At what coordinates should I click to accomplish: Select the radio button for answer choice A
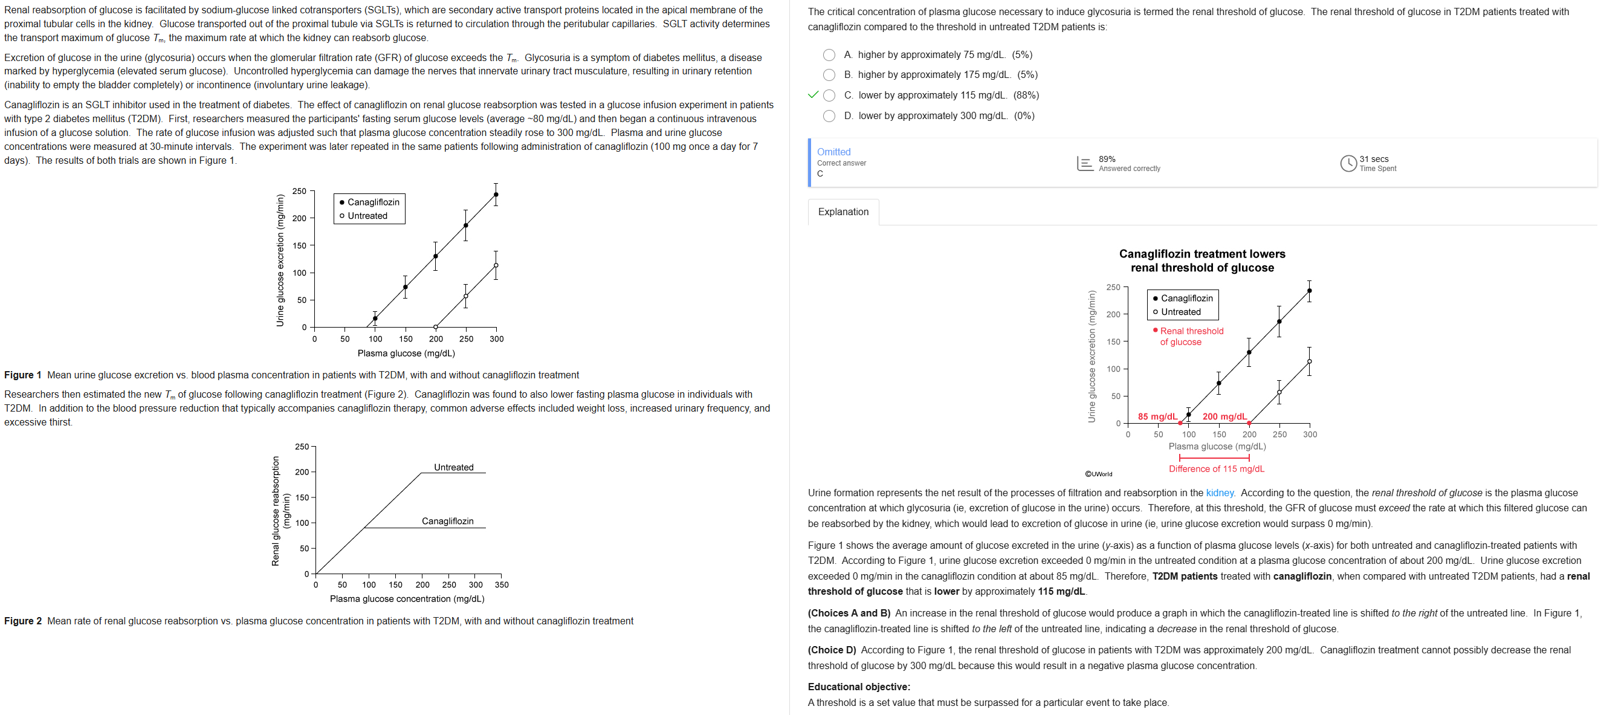[x=829, y=55]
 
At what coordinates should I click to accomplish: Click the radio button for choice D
[x=829, y=115]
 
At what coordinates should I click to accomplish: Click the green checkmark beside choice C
[x=812, y=95]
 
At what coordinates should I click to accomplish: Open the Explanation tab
[x=843, y=212]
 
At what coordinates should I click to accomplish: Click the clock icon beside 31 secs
[x=1348, y=164]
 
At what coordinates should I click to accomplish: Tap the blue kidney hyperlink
[x=1220, y=493]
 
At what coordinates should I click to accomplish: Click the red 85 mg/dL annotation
[x=1157, y=416]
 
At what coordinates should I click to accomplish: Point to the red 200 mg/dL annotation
[x=1224, y=416]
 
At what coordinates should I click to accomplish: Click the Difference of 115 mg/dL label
[x=1216, y=469]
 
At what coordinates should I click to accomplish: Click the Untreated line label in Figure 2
[x=453, y=467]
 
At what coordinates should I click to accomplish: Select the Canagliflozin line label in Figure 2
[x=447, y=521]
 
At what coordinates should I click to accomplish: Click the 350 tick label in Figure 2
[x=502, y=584]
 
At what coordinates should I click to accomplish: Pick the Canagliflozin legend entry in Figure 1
[x=373, y=202]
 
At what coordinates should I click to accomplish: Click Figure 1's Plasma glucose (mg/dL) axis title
[x=406, y=353]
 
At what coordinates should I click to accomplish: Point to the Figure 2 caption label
[x=23, y=621]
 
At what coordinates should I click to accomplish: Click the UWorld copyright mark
[x=1098, y=474]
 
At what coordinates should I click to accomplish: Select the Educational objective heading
[x=858, y=687]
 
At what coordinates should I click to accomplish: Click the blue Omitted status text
[x=833, y=152]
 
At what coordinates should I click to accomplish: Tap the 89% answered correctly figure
[x=1107, y=159]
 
